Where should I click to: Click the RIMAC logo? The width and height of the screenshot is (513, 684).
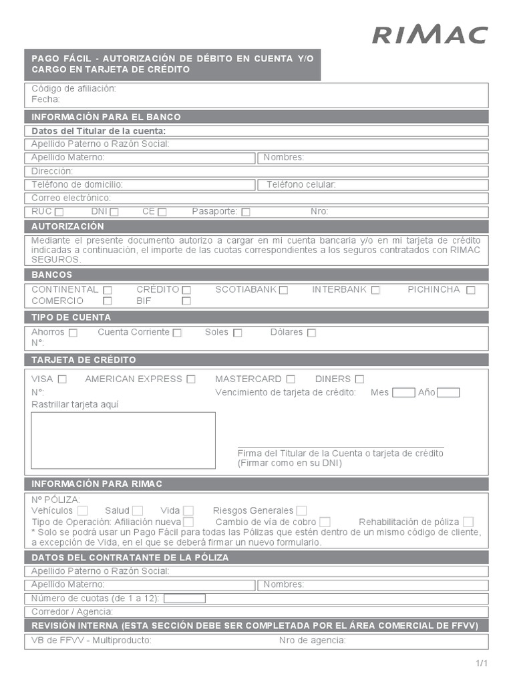pos(430,35)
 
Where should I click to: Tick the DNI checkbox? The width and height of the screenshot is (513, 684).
pos(114,212)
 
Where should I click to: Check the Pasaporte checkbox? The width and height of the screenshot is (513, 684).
pos(246,212)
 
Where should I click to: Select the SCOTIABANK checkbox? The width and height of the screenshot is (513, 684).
pos(283,290)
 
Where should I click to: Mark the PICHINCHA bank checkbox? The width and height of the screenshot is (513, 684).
pos(471,290)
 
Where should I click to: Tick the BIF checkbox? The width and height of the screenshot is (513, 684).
pos(186,301)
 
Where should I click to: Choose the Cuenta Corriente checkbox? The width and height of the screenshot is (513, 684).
pos(177,333)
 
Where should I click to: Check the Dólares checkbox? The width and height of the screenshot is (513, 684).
pos(311,333)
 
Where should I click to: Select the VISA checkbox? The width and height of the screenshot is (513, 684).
pos(62,379)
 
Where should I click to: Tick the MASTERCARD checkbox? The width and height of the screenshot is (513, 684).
pos(291,379)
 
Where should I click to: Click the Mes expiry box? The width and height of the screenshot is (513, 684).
pos(403,393)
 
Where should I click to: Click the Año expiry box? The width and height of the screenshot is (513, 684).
pos(448,393)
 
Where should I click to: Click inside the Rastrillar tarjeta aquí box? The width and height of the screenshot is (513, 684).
pos(124,440)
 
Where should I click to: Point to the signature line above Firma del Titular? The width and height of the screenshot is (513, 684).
pos(341,446)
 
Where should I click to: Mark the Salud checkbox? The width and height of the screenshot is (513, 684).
pos(138,511)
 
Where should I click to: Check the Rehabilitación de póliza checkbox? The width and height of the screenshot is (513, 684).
pos(468,522)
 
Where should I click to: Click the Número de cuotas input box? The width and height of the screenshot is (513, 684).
pos(184,598)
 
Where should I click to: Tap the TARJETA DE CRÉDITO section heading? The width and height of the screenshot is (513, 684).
pos(83,360)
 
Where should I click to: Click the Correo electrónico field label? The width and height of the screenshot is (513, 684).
pos(71,198)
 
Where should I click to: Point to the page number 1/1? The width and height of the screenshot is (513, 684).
pos(482,663)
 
